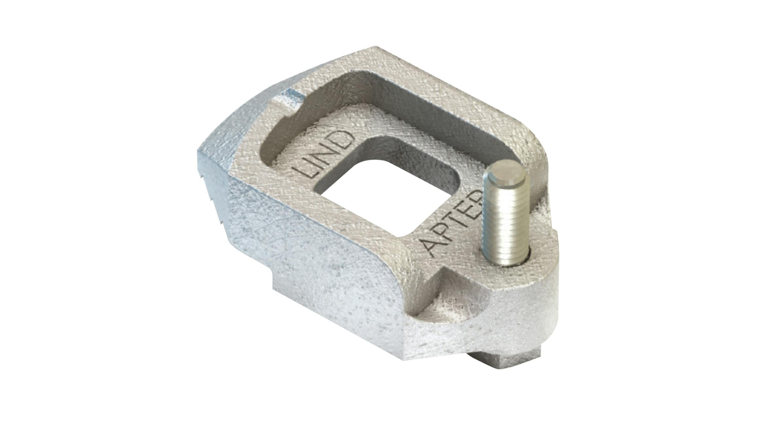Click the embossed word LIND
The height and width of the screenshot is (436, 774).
click(324, 154)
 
